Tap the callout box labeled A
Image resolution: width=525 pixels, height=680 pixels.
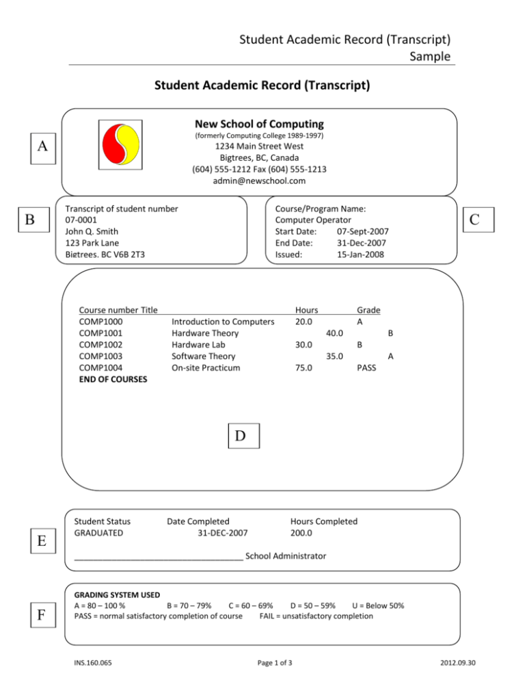click(43, 146)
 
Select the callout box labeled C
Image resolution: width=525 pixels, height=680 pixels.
click(482, 219)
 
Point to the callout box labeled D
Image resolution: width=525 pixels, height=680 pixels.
click(243, 435)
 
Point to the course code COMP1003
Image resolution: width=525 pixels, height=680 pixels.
click(101, 356)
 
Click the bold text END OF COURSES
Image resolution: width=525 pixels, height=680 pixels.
click(113, 378)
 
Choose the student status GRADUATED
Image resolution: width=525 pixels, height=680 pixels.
click(98, 532)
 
